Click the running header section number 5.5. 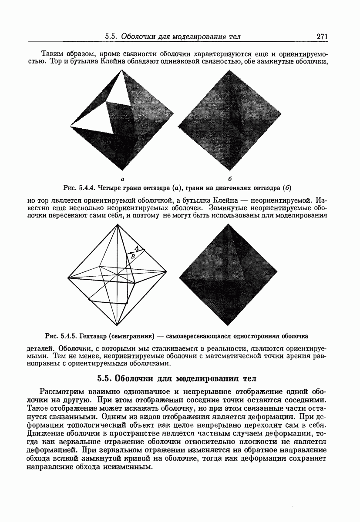coord(112,37)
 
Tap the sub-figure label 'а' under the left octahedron coord(123,179)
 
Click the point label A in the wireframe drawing coord(137,248)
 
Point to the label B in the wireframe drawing coord(133,257)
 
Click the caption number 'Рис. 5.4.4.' coord(78,188)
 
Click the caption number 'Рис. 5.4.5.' coord(61,336)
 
